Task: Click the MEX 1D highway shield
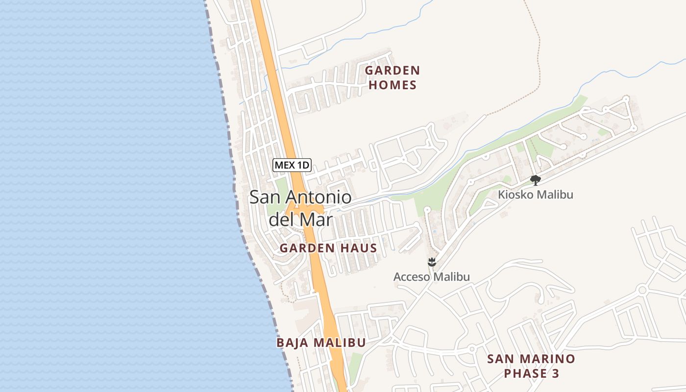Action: pos(292,165)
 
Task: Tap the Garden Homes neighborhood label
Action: pos(392,78)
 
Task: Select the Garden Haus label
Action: pos(328,248)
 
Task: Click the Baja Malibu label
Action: pos(321,343)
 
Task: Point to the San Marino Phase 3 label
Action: pos(531,366)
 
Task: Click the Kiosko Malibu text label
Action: pos(536,195)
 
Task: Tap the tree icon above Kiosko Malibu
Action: pos(536,180)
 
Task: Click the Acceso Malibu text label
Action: pos(432,277)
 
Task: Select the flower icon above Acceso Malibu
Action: pos(432,262)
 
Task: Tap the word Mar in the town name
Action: pos(316,219)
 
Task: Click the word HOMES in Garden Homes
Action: pos(392,85)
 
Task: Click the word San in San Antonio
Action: pos(265,197)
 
